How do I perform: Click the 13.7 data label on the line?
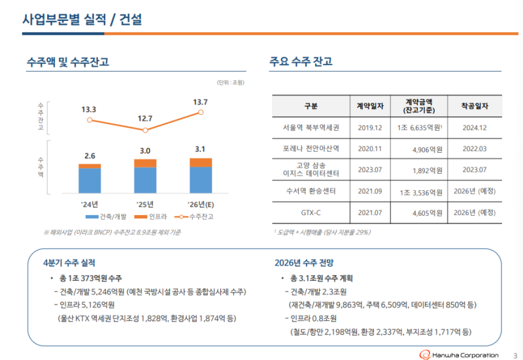click(201, 102)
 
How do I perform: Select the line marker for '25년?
click(145, 129)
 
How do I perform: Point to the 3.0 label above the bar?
click(145, 151)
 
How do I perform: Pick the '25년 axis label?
click(144, 204)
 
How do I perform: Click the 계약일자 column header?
click(370, 106)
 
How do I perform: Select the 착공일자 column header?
click(475, 106)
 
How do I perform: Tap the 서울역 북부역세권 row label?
click(311, 127)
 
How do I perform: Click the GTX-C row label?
click(311, 212)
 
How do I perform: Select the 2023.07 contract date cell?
click(370, 170)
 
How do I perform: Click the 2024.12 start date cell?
click(475, 127)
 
